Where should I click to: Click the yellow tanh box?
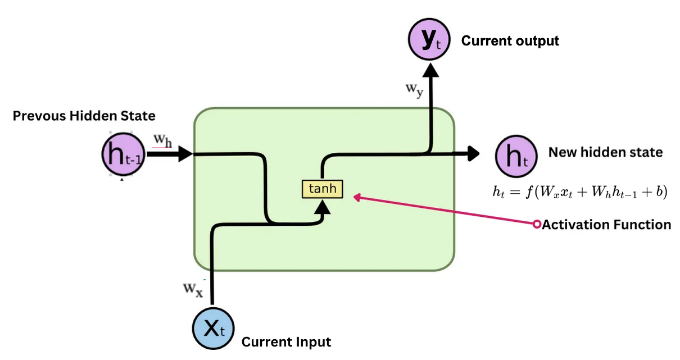(x=322, y=189)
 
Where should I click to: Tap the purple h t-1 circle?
(x=123, y=156)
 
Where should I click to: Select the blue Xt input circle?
(x=213, y=329)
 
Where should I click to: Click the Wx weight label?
(x=193, y=289)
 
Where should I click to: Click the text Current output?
(x=510, y=41)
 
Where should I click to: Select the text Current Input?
(x=286, y=341)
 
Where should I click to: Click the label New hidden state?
(x=605, y=152)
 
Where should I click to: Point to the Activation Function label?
(x=606, y=225)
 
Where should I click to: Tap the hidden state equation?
(x=579, y=192)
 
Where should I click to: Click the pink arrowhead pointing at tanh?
(x=357, y=197)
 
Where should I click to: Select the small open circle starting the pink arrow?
(x=537, y=225)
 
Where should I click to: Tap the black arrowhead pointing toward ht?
(x=473, y=153)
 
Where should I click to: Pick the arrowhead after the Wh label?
(x=185, y=153)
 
